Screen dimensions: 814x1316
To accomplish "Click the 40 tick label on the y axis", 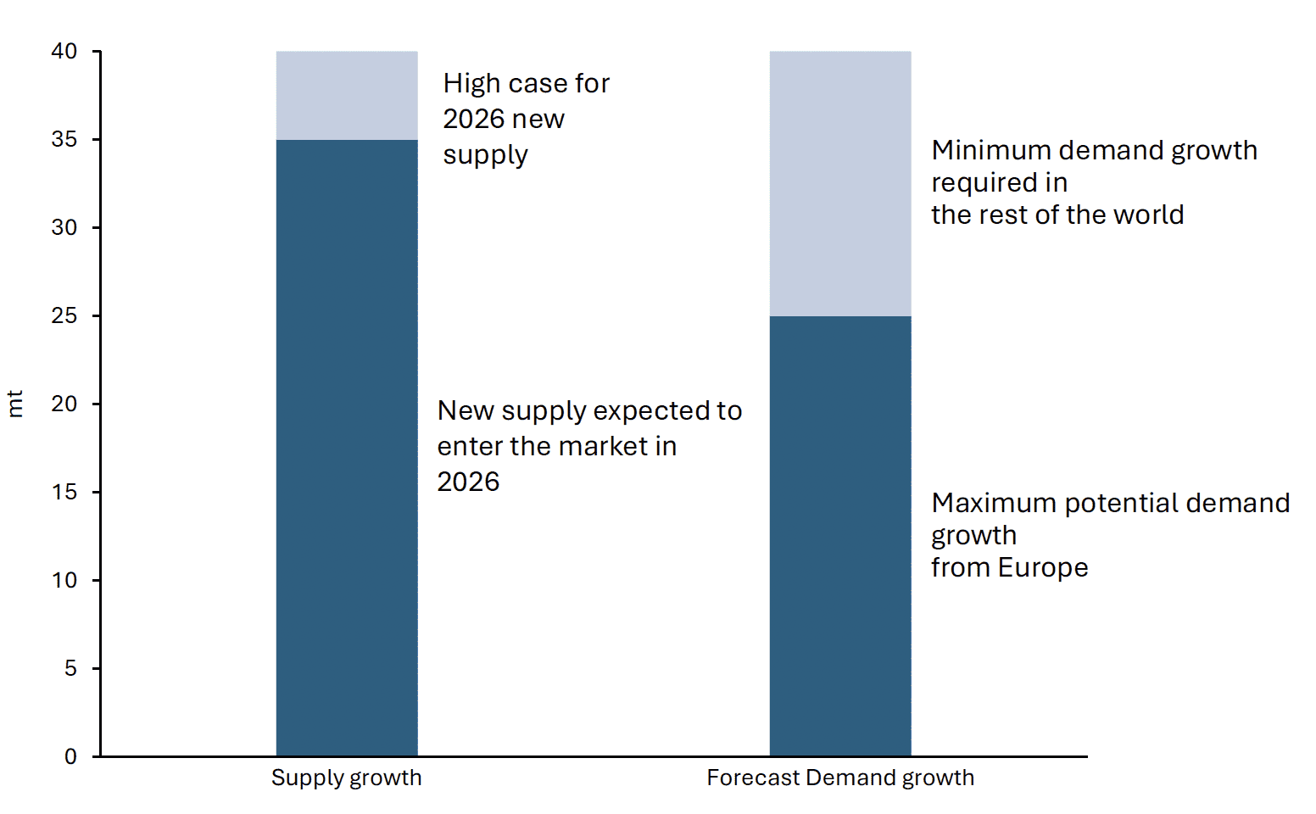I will tap(64, 52).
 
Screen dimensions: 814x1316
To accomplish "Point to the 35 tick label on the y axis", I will tap(64, 140).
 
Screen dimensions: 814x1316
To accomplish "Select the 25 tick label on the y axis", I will tap(64, 316).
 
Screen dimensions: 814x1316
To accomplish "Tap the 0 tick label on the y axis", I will tap(70, 756).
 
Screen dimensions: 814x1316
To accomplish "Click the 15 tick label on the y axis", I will tap(64, 493).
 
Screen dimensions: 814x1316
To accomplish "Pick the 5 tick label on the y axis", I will tap(70, 669).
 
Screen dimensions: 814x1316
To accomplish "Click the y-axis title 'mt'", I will tap(15, 404).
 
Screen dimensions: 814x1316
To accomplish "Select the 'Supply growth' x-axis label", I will tap(346, 778).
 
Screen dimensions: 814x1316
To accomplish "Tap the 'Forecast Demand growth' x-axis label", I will tap(840, 778).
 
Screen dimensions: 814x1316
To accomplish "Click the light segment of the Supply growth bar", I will tap(347, 96).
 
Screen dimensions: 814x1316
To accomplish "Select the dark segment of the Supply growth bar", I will tap(347, 448).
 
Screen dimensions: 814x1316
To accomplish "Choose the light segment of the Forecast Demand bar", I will tap(840, 184).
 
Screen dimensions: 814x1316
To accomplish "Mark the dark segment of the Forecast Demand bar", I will tap(840, 536).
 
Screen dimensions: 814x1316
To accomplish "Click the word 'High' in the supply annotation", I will tap(467, 84).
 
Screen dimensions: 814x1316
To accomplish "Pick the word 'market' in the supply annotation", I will tap(604, 447).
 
